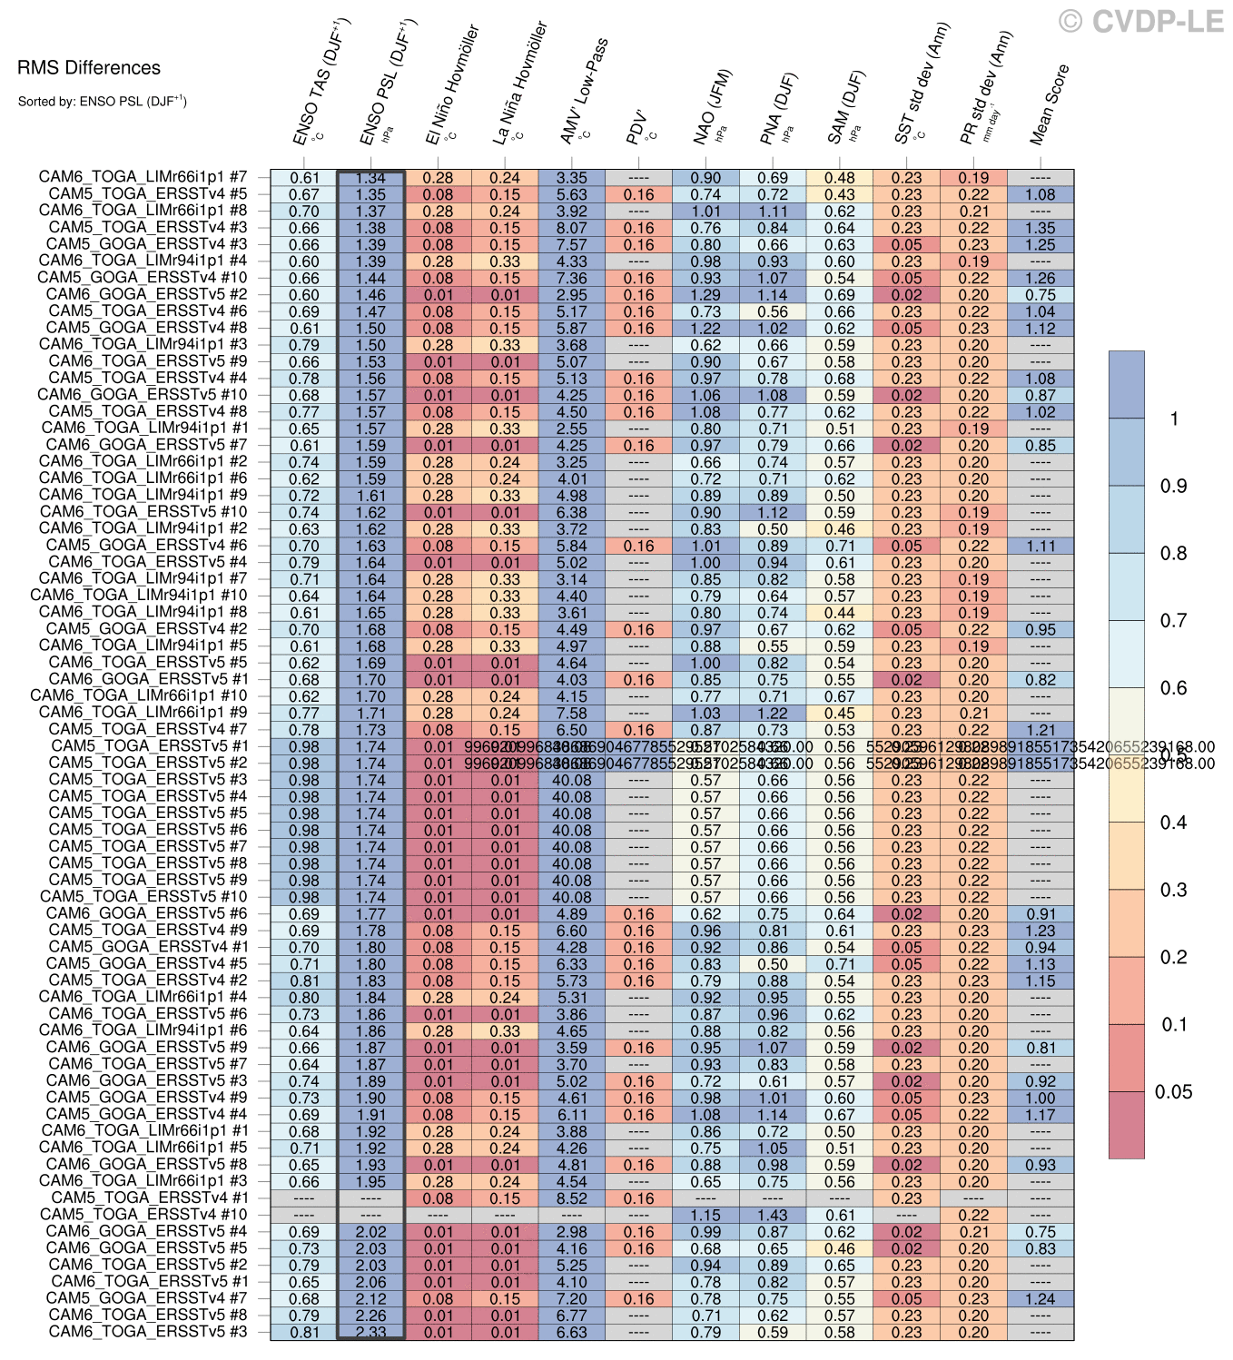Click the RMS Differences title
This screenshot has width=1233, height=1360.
tap(88, 68)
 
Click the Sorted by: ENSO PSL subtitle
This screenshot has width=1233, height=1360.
tap(102, 101)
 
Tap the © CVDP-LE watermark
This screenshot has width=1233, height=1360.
tap(1141, 21)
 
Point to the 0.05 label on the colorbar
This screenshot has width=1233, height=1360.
tap(1172, 1091)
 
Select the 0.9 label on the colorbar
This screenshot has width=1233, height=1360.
tap(1173, 486)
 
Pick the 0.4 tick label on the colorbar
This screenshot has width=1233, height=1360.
tap(1173, 823)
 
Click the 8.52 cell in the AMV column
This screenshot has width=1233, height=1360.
tap(572, 1198)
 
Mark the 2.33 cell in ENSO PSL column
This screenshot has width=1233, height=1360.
tap(370, 1332)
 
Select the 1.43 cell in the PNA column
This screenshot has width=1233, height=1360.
tap(773, 1215)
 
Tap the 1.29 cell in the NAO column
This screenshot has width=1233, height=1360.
tap(705, 295)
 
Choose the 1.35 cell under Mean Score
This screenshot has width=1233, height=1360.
tap(1040, 228)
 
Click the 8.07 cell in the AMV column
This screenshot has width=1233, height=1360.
tap(572, 228)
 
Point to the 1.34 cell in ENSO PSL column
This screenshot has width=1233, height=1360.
tap(370, 178)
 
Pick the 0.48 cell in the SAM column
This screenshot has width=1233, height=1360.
tap(840, 178)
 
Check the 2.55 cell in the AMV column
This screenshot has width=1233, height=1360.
tap(572, 429)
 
